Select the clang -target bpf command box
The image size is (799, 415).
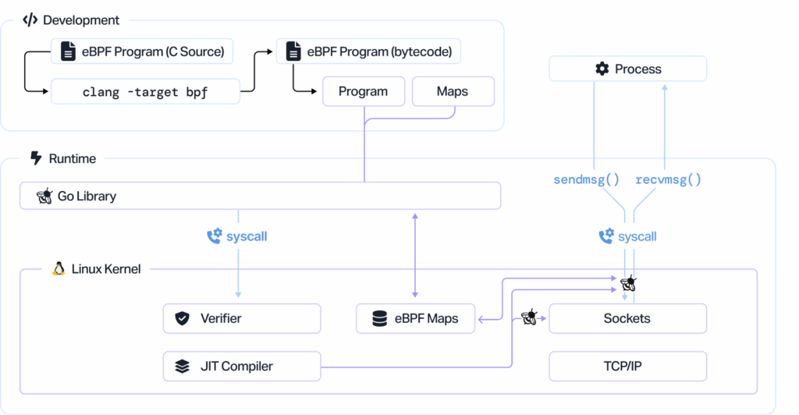[x=145, y=91]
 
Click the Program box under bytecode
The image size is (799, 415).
[x=364, y=91]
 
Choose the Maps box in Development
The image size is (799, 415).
[x=453, y=91]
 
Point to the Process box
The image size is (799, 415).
[x=627, y=69]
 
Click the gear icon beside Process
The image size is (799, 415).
[x=602, y=69]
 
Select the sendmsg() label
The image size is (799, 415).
[x=587, y=179]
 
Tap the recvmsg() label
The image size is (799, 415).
[x=668, y=179]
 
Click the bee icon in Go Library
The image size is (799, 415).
[x=44, y=196]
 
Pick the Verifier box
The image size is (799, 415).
[x=242, y=318]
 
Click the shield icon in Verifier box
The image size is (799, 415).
[x=183, y=318]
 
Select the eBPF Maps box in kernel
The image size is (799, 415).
[x=415, y=318]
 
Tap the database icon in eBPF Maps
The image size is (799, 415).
[x=379, y=318]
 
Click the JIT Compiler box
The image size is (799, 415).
[x=242, y=366]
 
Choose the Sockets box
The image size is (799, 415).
[x=627, y=318]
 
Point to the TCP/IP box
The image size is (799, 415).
[x=627, y=366]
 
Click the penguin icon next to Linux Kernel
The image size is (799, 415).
[x=59, y=269]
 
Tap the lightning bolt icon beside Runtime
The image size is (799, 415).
[x=35, y=158]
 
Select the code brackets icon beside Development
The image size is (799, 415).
[x=30, y=20]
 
